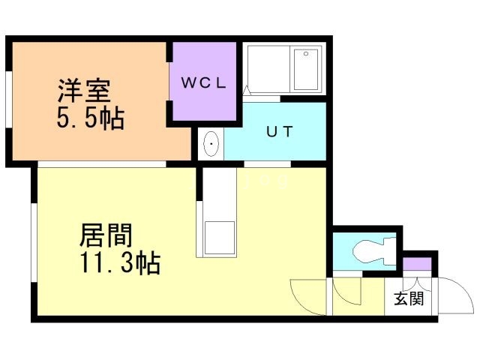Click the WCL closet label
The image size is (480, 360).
[201, 83]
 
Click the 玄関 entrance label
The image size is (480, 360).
[409, 299]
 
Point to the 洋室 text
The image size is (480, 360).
[85, 90]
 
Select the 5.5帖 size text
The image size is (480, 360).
[91, 118]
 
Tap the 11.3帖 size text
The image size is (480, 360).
[118, 264]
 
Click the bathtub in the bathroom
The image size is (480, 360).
[306, 69]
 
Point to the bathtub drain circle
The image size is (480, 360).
[305, 54]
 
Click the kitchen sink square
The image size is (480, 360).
[220, 238]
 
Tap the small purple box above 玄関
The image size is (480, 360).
[417, 264]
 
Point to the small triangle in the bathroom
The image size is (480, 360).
[247, 90]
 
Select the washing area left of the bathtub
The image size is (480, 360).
[266, 69]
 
